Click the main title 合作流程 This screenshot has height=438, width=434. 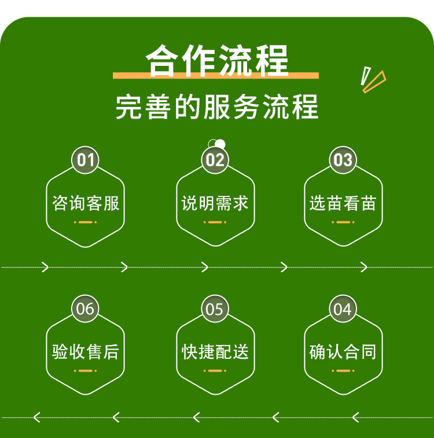point(216,60)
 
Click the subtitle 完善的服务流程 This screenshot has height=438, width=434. point(216,107)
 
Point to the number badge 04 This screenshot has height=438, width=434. point(343,309)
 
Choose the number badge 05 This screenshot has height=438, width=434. point(215,309)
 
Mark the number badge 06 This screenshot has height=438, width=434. point(86,309)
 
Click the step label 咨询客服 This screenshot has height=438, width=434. point(86,203)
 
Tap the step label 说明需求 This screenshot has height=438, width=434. point(215,203)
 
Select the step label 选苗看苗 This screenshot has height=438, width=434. point(343,203)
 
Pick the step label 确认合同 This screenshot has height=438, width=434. point(343,352)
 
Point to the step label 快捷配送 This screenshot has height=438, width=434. point(215,352)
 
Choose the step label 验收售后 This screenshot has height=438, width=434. point(86,352)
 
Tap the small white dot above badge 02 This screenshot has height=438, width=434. point(220,144)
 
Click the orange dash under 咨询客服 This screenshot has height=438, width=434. point(86,222)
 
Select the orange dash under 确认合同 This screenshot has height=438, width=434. point(343,370)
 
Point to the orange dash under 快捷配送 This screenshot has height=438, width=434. point(215,370)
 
